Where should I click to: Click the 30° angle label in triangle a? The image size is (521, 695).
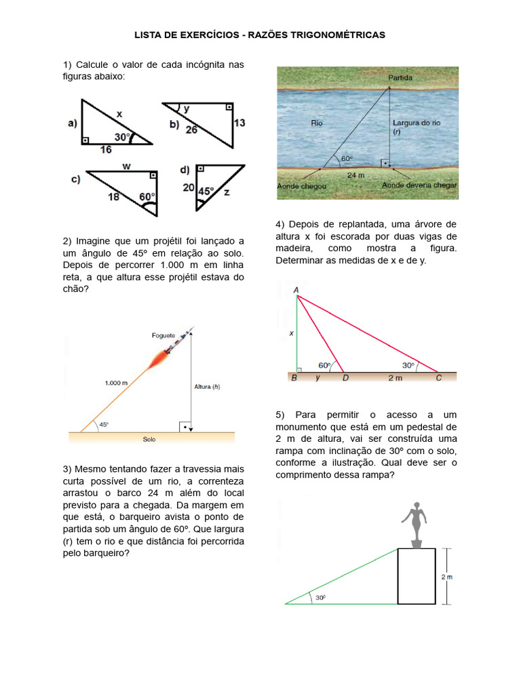tap(121, 137)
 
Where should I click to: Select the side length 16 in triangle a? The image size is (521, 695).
tap(105, 150)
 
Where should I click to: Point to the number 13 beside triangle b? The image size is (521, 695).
tap(239, 123)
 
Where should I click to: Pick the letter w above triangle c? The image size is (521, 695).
tap(127, 166)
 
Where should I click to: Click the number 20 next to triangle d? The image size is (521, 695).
tap(188, 187)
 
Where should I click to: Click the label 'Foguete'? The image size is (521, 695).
tap(163, 335)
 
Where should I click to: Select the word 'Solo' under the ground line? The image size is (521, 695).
tap(149, 439)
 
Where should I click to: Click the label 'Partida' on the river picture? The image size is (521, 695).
tap(400, 78)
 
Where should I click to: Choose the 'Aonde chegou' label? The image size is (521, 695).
tap(302, 185)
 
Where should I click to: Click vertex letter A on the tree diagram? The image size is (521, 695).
tap(296, 290)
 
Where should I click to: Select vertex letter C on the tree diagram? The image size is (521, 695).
tap(438, 378)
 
